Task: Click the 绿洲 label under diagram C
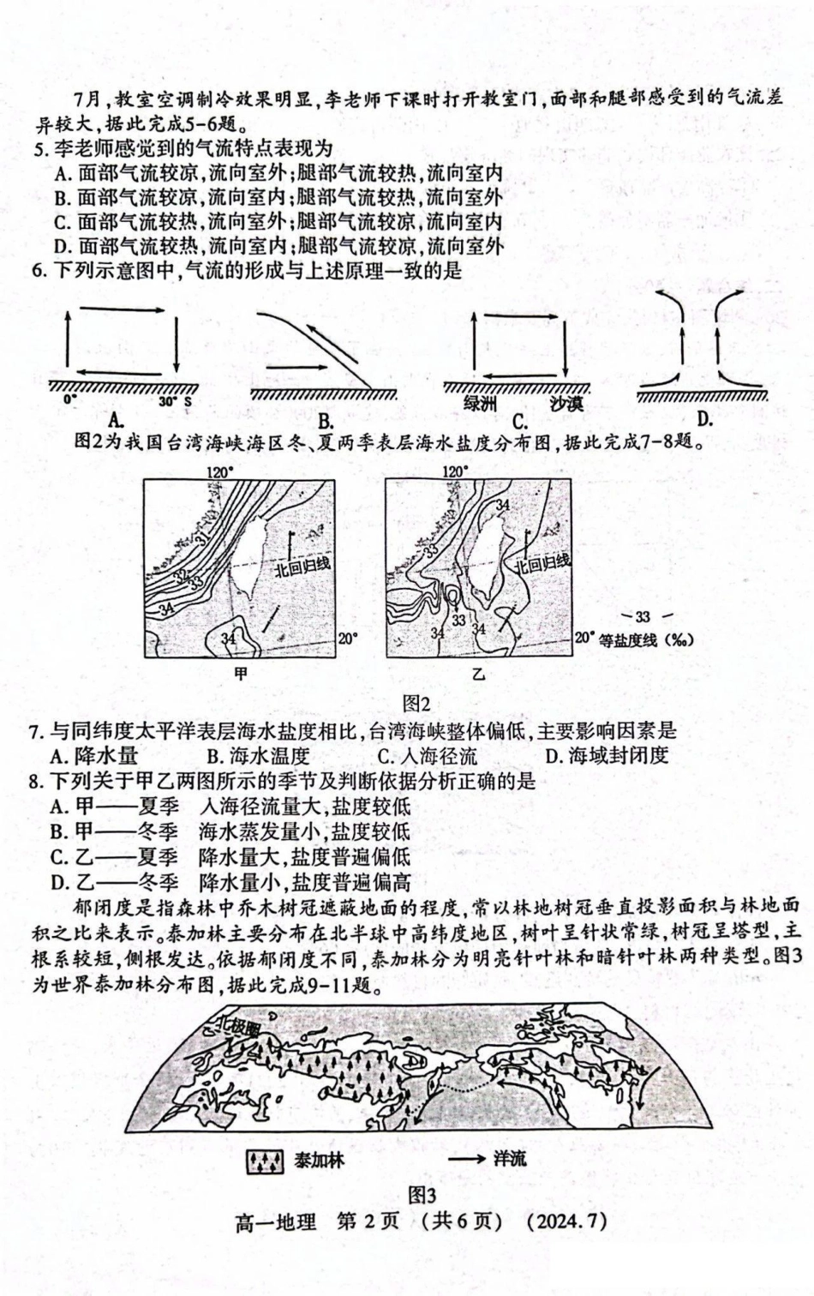coord(481,402)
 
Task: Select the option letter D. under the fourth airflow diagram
coord(705,419)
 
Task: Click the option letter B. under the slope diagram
coord(326,421)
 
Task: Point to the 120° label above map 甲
coord(219,471)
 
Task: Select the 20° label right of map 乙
coord(584,639)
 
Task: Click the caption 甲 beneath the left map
coord(241,675)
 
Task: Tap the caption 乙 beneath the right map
coord(478,675)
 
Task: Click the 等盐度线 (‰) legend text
coord(645,639)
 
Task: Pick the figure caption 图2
coord(416,704)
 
